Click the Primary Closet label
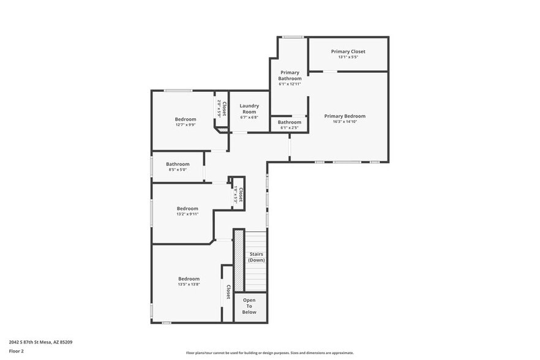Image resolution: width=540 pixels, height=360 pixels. click(348, 51)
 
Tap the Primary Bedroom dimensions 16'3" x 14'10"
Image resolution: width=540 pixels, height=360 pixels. click(345, 122)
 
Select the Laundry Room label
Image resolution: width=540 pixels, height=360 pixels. click(249, 108)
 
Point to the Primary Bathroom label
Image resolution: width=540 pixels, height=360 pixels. click(290, 75)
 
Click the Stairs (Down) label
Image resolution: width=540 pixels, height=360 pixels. click(256, 257)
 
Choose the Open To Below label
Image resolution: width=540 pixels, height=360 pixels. click(249, 306)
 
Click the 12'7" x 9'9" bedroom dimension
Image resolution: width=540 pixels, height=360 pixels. click(186, 125)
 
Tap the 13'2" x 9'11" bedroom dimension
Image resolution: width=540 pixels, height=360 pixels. click(187, 214)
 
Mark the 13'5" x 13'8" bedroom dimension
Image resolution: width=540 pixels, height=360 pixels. click(189, 284)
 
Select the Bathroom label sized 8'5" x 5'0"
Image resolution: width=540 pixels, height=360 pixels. click(178, 164)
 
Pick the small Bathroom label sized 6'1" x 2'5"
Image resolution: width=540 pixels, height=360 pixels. click(290, 122)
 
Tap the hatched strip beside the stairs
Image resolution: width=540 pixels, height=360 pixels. click(239, 260)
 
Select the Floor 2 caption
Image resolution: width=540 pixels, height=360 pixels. click(17, 351)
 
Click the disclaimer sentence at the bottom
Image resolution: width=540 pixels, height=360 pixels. click(270, 353)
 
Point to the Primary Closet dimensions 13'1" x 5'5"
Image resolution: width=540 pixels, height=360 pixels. click(348, 57)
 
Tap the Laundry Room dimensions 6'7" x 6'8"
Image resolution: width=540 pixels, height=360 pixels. click(249, 117)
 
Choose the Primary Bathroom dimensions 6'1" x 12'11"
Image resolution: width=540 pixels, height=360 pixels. click(290, 84)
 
